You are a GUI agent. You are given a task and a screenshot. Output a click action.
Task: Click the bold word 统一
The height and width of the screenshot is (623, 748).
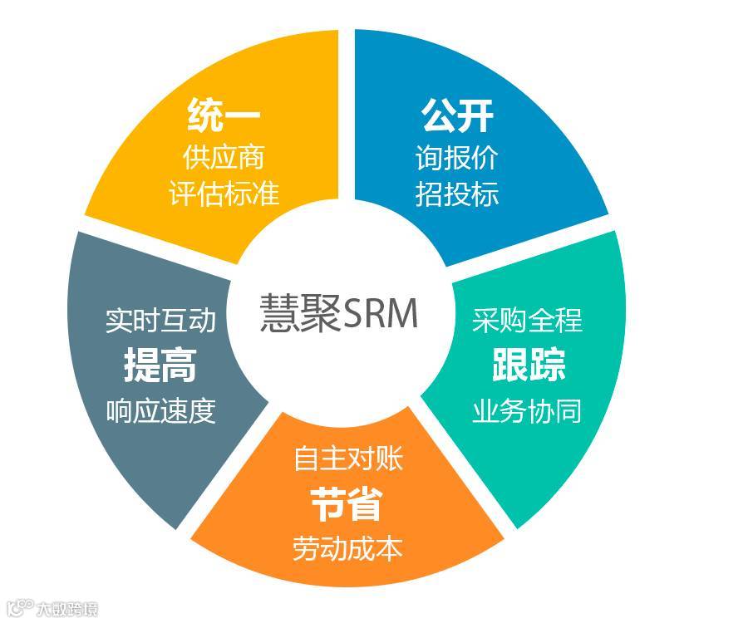[x=224, y=115]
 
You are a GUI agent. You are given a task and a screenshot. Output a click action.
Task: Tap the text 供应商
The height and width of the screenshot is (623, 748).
[x=224, y=156]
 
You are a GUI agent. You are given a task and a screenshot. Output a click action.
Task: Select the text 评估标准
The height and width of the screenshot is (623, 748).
[x=224, y=193]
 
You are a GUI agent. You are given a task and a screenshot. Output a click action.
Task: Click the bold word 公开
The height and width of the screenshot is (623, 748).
[x=457, y=115]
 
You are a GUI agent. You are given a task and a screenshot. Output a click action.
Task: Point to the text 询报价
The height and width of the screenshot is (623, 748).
[x=457, y=157]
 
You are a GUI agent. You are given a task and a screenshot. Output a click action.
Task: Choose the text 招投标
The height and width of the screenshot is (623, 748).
[x=457, y=194]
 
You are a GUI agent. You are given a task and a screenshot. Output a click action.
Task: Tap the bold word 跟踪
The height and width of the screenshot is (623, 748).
[x=528, y=364]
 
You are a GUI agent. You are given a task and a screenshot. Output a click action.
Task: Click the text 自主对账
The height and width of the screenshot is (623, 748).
[x=348, y=459]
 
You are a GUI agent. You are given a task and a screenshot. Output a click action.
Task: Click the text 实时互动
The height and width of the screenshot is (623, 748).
[x=160, y=321]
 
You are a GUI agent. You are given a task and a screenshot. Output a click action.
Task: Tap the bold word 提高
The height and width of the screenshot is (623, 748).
[x=160, y=365]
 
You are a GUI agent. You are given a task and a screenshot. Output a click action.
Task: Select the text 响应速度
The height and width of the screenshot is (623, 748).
[x=160, y=410]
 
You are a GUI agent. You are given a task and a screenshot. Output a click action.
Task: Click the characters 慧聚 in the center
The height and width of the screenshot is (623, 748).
[x=300, y=315]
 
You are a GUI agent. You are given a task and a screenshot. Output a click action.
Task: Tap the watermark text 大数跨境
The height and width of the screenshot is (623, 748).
[x=66, y=610]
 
